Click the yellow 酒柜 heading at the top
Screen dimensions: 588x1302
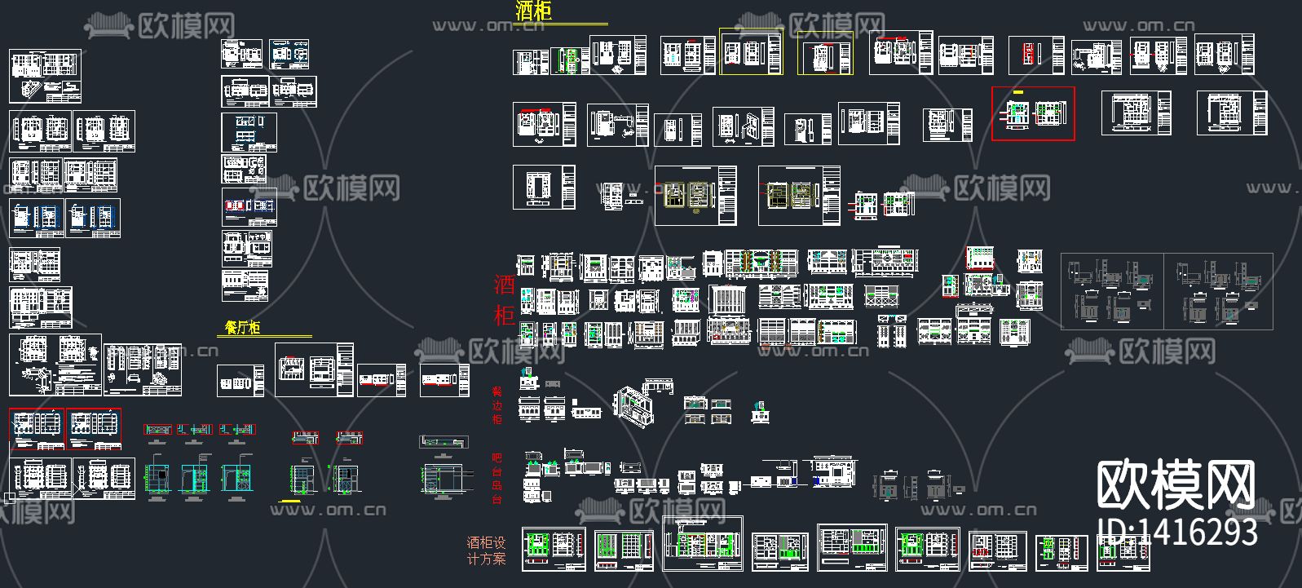click(x=534, y=11)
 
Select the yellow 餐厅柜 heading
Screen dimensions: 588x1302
click(x=243, y=328)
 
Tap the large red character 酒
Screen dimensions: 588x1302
click(x=504, y=285)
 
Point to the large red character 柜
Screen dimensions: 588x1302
click(x=504, y=315)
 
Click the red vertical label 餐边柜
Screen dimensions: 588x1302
click(x=497, y=405)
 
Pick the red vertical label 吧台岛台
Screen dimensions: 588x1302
click(x=497, y=479)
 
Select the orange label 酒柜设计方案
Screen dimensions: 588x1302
click(x=486, y=550)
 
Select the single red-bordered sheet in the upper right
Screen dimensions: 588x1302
click(x=1033, y=113)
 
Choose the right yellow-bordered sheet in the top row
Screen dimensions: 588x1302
click(x=825, y=54)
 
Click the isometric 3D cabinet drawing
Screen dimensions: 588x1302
click(x=633, y=405)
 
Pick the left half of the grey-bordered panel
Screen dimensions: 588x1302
click(x=1112, y=291)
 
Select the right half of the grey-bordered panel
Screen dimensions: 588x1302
click(x=1218, y=291)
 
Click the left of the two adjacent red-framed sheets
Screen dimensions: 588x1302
click(x=37, y=429)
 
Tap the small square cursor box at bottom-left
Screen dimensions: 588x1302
click(x=9, y=497)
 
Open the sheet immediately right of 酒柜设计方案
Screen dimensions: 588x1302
click(x=554, y=549)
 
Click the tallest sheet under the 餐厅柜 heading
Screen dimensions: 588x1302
click(x=314, y=369)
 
